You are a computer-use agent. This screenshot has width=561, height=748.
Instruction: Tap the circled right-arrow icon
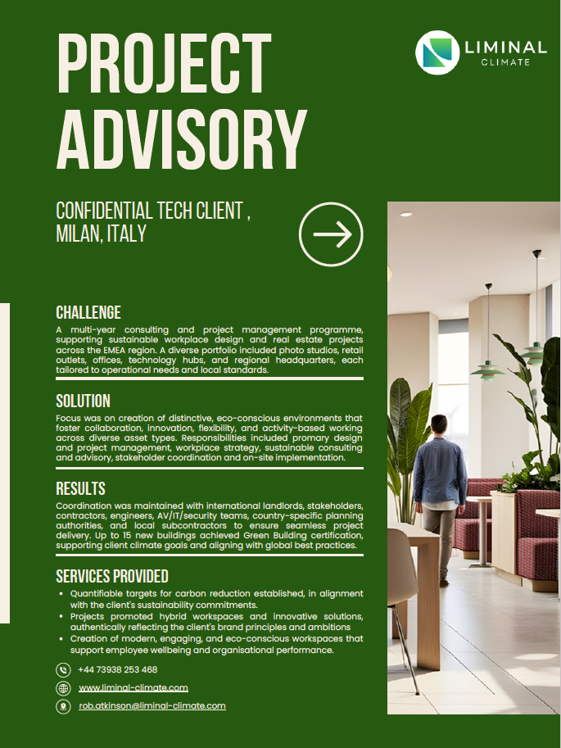[331, 235]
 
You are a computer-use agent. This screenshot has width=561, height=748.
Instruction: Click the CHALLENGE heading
[88, 312]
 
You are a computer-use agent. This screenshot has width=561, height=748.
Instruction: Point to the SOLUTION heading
[83, 401]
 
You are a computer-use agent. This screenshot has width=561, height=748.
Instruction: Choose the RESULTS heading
[80, 489]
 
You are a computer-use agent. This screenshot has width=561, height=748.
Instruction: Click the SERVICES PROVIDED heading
[112, 576]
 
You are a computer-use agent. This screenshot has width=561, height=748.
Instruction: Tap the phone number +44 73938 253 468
[117, 669]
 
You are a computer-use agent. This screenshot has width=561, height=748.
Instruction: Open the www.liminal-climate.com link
[133, 687]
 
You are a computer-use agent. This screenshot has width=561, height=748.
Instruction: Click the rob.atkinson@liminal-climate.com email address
[152, 705]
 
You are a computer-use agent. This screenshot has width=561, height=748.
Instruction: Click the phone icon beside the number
[63, 670]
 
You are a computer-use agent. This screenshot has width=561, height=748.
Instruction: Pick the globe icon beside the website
[63, 688]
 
